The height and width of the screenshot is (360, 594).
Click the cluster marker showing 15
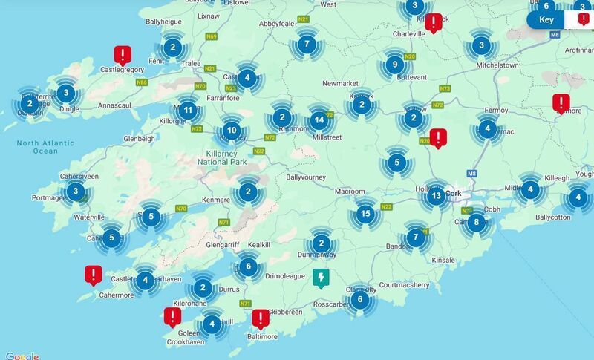[365, 214]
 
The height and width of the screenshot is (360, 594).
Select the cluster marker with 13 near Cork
[436, 196]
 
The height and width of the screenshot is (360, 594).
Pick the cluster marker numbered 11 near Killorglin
[189, 111]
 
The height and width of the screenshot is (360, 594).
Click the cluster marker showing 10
[231, 131]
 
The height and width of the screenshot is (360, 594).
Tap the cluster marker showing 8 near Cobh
[477, 221]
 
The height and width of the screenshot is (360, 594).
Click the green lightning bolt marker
[321, 278]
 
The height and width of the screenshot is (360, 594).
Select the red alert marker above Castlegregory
[123, 54]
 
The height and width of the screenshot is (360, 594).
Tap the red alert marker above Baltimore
[261, 318]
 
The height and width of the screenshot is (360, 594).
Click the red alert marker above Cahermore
[93, 275]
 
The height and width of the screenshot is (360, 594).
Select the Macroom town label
[350, 192]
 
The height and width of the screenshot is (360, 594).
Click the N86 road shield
[142, 82]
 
